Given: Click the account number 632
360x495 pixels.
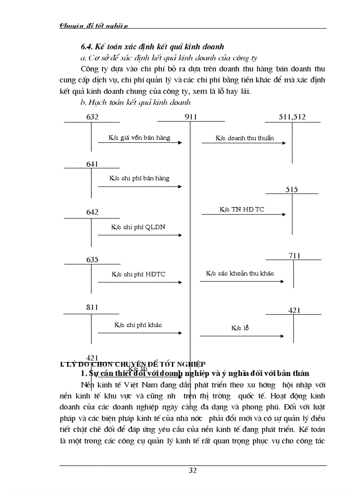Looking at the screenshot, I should [92, 117].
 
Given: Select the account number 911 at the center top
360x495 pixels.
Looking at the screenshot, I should [191, 117].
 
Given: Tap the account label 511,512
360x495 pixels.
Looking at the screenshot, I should [292, 117].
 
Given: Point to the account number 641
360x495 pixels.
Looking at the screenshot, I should [92, 164].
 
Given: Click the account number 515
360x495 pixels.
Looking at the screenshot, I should [292, 190].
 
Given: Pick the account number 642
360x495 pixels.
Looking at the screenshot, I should [92, 212].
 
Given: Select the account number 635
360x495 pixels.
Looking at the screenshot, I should [92, 260].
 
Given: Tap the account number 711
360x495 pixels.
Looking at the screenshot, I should [294, 256].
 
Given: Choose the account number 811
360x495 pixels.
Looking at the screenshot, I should [92, 307].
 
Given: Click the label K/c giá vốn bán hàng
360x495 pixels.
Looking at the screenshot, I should [139, 138].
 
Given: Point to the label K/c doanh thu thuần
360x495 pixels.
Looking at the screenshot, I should [244, 138].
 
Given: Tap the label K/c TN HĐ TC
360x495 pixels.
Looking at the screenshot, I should [242, 209].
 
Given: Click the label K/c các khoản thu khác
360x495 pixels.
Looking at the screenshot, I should [240, 273].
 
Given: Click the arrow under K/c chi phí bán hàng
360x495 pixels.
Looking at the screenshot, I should [139, 186].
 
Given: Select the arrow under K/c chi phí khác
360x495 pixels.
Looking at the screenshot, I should [139, 333].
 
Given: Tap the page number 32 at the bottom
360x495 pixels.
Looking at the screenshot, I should [193, 470].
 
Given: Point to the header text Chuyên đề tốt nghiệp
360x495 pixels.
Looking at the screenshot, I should [94, 26].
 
